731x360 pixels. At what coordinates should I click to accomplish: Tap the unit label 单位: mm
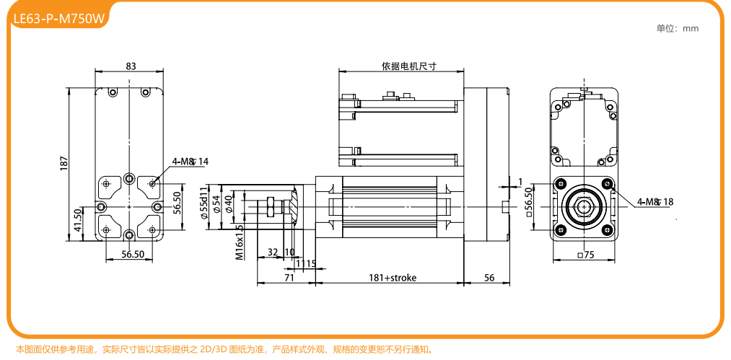pyautogui.click(x=677, y=29)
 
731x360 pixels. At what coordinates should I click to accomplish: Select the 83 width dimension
pyautogui.click(x=131, y=66)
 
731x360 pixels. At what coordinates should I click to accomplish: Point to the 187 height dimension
pyautogui.click(x=64, y=164)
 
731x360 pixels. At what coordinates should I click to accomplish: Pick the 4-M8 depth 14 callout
pyautogui.click(x=190, y=162)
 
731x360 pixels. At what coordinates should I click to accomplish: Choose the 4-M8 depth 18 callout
pyautogui.click(x=655, y=202)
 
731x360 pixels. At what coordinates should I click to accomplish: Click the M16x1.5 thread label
pyautogui.click(x=240, y=242)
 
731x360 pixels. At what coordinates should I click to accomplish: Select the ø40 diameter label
pyautogui.click(x=229, y=203)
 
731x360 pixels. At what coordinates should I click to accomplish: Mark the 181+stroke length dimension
pyautogui.click(x=393, y=278)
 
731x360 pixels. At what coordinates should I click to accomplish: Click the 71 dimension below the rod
pyautogui.click(x=289, y=278)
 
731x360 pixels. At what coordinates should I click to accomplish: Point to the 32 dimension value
pyautogui.click(x=273, y=253)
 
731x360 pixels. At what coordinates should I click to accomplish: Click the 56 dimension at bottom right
pyautogui.click(x=489, y=278)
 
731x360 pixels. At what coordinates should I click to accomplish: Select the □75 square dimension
pyautogui.click(x=585, y=255)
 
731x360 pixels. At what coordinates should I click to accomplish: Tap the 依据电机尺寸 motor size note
pyautogui.click(x=409, y=66)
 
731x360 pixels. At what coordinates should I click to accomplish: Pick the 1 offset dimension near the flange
pyautogui.click(x=520, y=180)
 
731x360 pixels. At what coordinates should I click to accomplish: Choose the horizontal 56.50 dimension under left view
pyautogui.click(x=133, y=255)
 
